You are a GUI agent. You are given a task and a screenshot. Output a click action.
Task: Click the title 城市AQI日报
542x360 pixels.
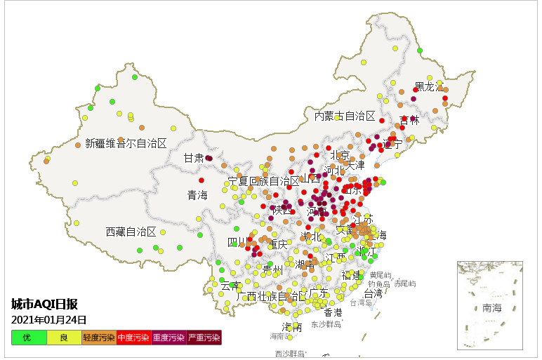pyautogui.click(x=44, y=304)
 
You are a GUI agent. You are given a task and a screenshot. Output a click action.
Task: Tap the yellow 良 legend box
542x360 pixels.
pyautogui.click(x=64, y=338)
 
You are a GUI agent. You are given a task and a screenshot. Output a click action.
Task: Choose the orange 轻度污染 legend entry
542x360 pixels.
pyautogui.click(x=99, y=338)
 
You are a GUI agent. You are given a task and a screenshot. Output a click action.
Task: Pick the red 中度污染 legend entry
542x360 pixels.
pyautogui.click(x=133, y=338)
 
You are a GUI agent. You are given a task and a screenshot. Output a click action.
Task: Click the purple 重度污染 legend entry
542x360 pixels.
pyautogui.click(x=168, y=338)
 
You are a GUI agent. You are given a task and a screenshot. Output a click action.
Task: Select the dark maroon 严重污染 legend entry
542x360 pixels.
pyautogui.click(x=204, y=338)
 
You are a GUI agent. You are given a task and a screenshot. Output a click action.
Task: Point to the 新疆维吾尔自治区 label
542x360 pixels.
pyautogui.click(x=126, y=143)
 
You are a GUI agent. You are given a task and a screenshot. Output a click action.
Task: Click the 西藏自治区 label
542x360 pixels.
pyautogui.click(x=131, y=232)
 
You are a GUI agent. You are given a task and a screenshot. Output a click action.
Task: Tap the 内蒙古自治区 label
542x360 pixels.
pyautogui.click(x=344, y=116)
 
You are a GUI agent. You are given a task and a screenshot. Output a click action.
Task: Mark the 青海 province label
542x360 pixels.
pyautogui.click(x=197, y=195)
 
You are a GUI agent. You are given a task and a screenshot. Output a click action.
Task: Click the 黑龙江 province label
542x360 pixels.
pyautogui.click(x=429, y=87)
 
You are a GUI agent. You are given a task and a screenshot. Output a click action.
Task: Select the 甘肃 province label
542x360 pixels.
pyautogui.click(x=194, y=158)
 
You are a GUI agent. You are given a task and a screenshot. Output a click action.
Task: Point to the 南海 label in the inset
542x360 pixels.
pyautogui.click(x=491, y=308)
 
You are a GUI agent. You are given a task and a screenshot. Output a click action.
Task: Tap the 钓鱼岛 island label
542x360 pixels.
pyautogui.click(x=379, y=284)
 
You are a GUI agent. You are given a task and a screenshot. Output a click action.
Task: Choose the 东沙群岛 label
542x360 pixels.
pyautogui.click(x=326, y=324)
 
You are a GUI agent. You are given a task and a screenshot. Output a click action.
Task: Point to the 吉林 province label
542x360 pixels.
pyautogui.click(x=409, y=120)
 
